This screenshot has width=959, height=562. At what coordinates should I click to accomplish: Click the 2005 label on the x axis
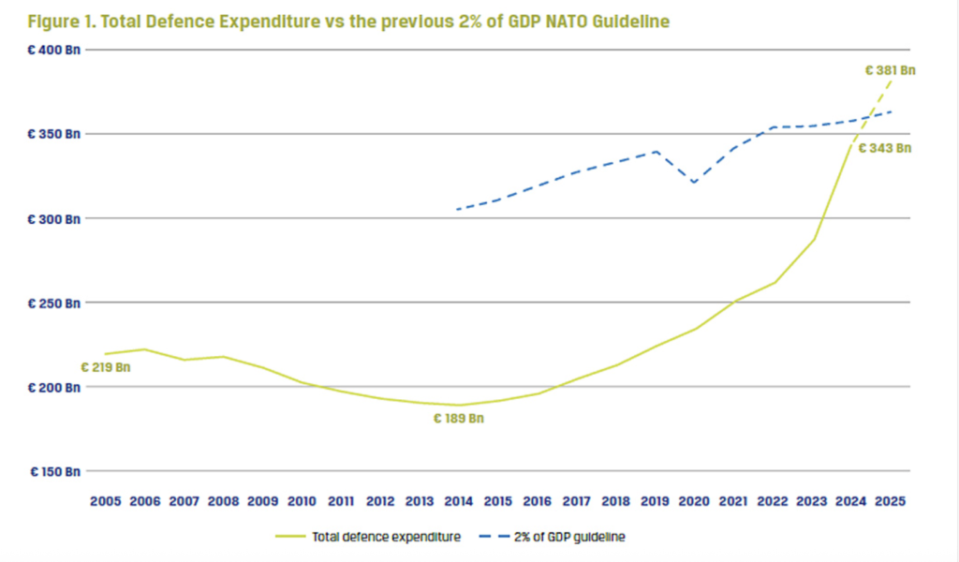[105, 501]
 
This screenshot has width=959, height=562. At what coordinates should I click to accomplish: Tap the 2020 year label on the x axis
[694, 501]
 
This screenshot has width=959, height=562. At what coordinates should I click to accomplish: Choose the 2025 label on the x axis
[890, 501]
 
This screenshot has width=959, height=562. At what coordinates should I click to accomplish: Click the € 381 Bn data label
[889, 69]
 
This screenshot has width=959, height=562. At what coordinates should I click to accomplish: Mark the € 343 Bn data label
[885, 148]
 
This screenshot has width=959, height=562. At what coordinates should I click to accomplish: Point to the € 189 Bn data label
[458, 419]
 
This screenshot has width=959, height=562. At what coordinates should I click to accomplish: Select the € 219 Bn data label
[105, 367]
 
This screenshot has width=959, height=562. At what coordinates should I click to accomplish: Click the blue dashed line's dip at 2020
[694, 183]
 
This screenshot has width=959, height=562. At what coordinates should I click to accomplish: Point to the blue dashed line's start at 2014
[457, 209]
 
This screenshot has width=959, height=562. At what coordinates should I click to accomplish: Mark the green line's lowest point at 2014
[459, 405]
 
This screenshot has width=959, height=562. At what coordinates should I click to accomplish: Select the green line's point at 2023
[813, 240]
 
